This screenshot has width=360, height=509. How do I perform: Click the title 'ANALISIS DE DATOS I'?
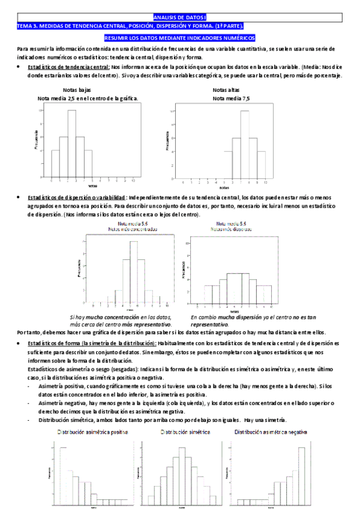click(x=179, y=19)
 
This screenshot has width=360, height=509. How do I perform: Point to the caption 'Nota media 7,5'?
click(x=227, y=98)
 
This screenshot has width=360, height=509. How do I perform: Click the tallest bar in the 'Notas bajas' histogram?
click(x=71, y=143)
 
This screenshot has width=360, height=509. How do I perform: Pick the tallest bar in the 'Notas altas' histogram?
click(x=244, y=144)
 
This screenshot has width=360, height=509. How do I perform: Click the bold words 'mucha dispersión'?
click(x=226, y=317)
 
